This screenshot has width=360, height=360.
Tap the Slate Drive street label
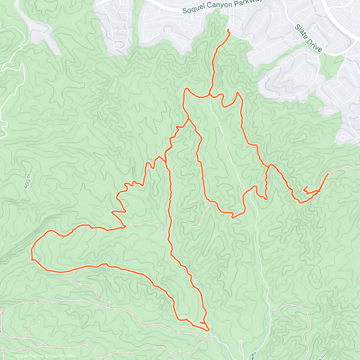click(x=308, y=38)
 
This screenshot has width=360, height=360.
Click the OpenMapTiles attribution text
click(x=29, y=356)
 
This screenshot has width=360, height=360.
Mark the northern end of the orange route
click(x=228, y=29)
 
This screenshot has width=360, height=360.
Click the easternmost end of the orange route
click(x=328, y=174)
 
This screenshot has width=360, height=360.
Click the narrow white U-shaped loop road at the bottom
click(x=241, y=348)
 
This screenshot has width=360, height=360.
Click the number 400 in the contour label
click(x=27, y=183)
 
